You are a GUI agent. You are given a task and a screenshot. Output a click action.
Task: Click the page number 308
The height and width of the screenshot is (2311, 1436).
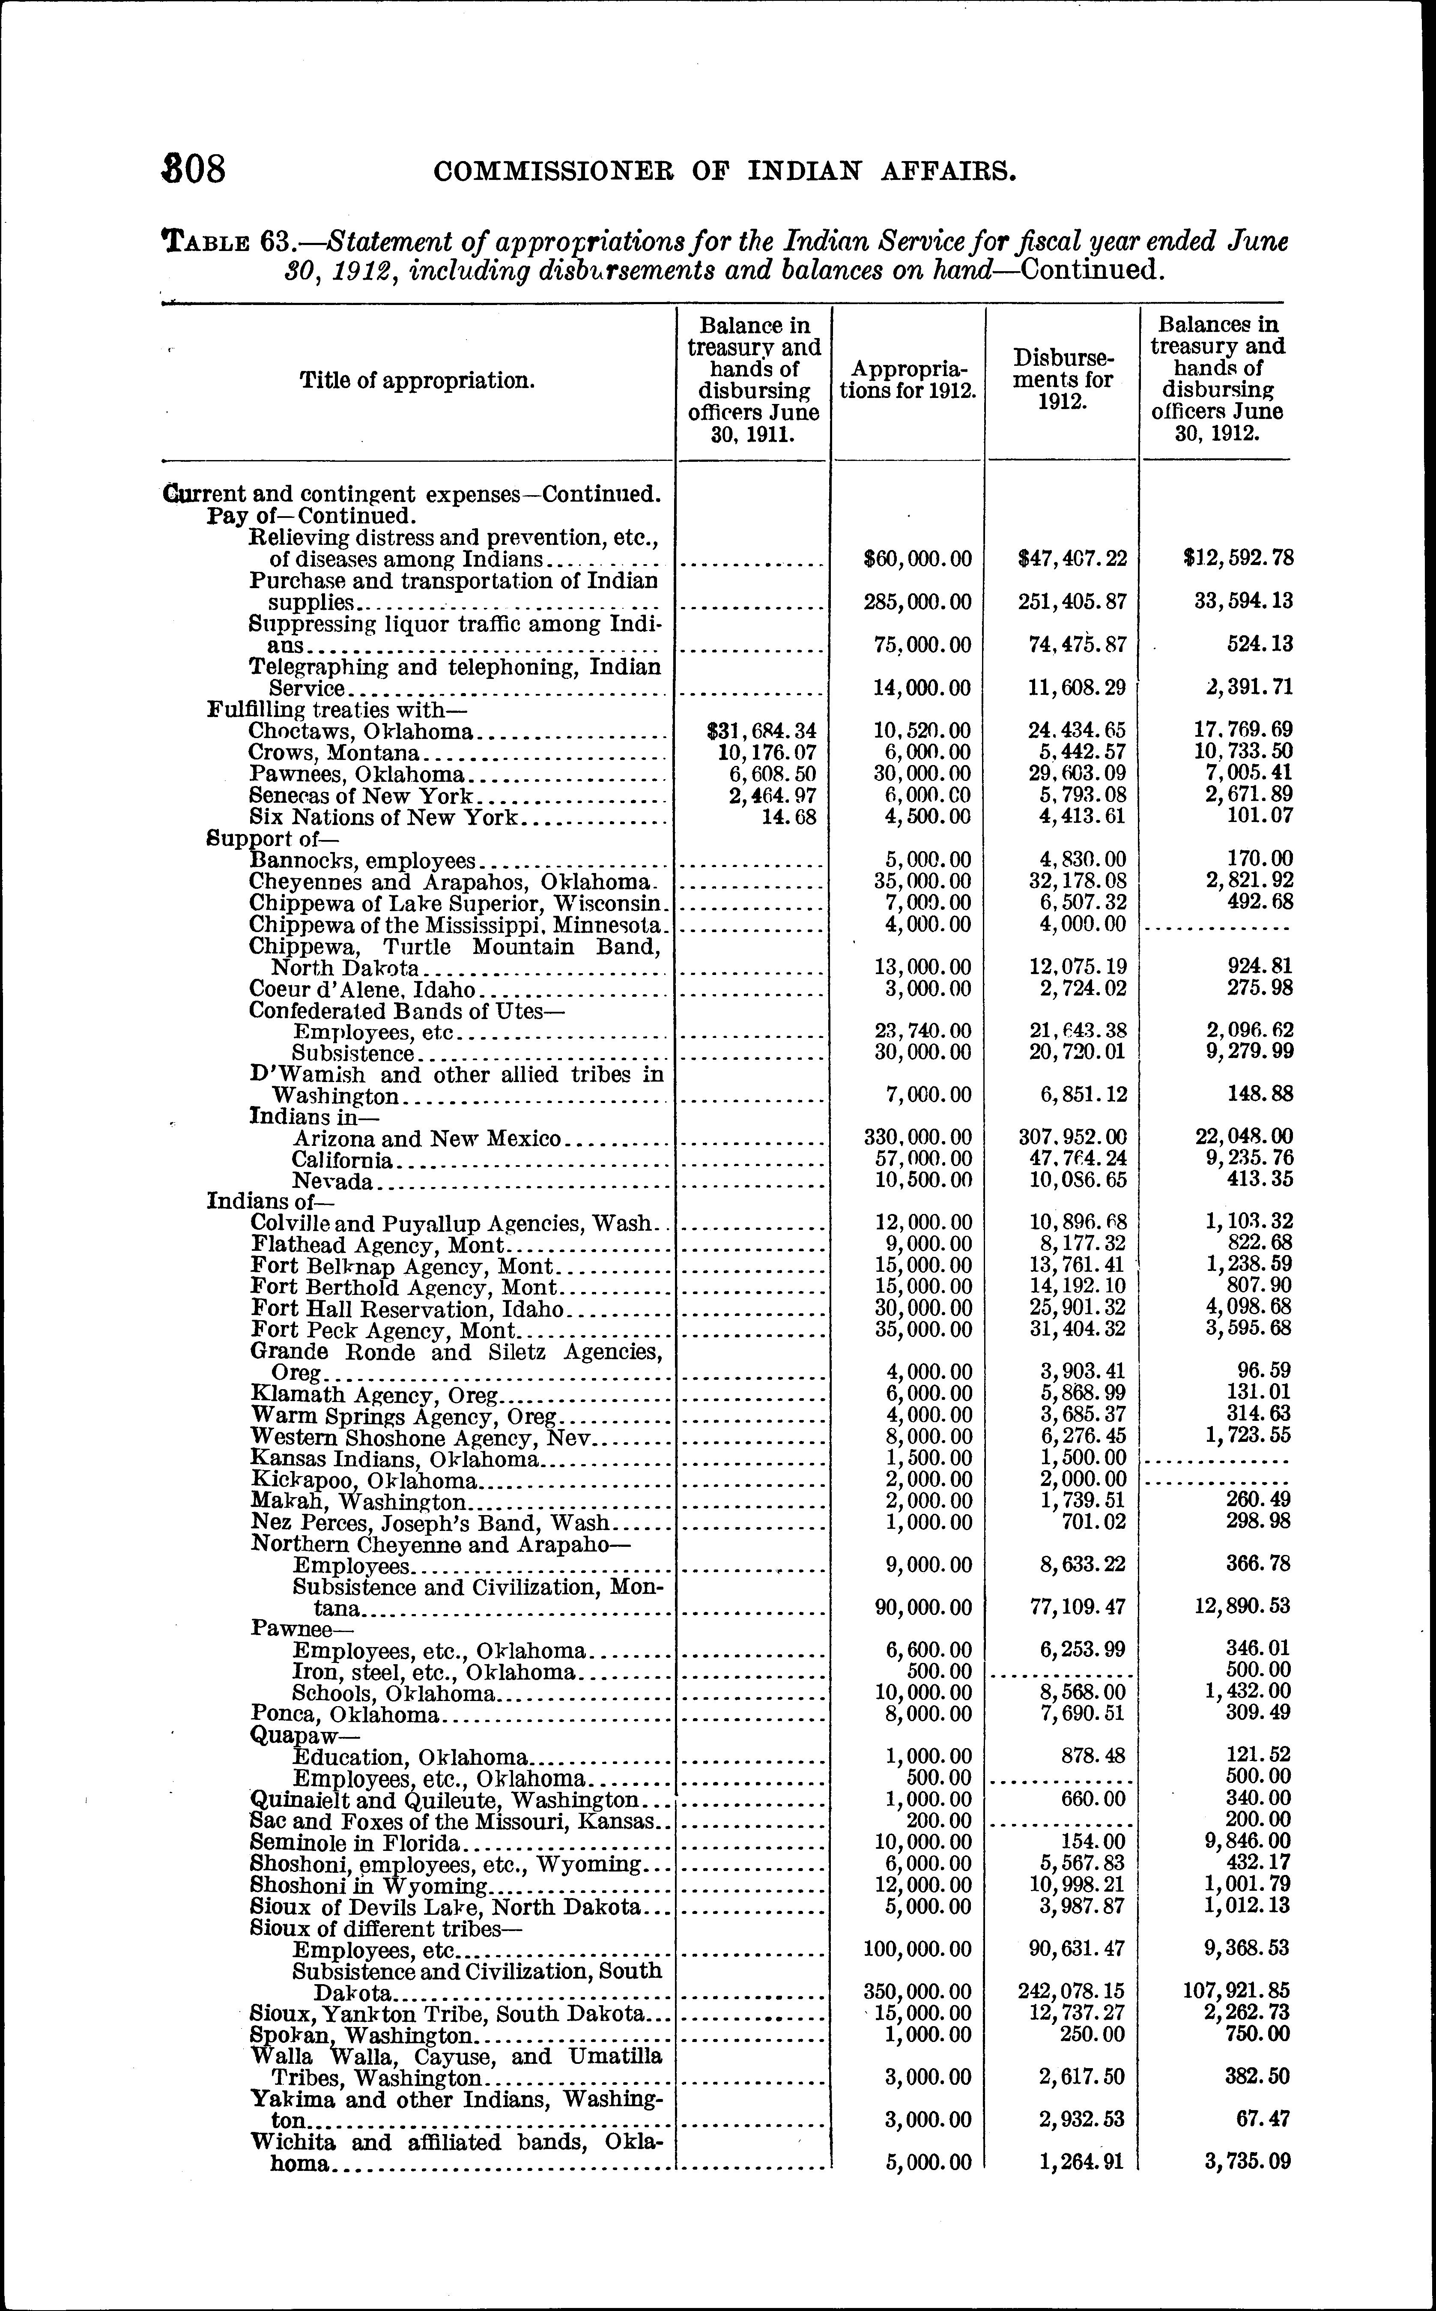click(x=195, y=170)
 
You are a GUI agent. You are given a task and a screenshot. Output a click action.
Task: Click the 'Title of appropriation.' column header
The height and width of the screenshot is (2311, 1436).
click(x=417, y=381)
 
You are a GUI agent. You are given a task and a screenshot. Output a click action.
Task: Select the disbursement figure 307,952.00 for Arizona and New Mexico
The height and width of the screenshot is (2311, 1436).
click(x=1071, y=1137)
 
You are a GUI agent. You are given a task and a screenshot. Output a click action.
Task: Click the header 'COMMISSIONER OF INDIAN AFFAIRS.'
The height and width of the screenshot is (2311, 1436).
click(x=725, y=172)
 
